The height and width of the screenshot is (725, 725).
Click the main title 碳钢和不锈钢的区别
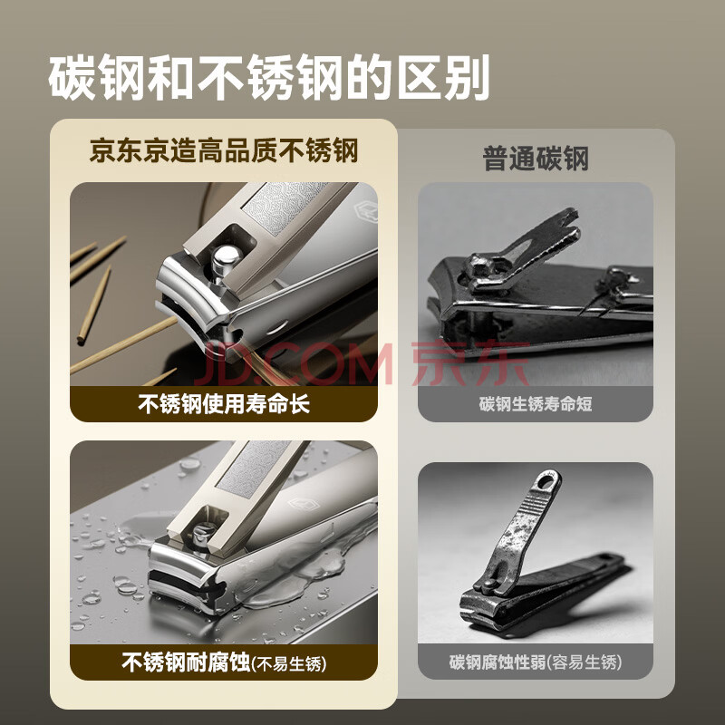point(268,77)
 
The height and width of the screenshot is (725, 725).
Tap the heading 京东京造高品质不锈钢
point(224,151)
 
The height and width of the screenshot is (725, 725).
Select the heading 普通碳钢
point(536,159)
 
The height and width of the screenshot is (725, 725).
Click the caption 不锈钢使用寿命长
point(224,403)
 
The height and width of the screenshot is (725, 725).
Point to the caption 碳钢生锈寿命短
point(536,403)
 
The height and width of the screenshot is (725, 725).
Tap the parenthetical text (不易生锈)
point(289,664)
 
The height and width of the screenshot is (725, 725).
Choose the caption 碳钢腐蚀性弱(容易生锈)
point(536,662)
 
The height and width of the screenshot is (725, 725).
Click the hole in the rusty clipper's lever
point(547,482)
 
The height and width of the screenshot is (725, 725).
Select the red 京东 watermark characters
point(470,363)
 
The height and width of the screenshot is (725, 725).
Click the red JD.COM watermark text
point(295,363)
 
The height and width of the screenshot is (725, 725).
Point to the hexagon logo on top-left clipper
point(365,210)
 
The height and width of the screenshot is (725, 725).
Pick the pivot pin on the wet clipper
point(202,534)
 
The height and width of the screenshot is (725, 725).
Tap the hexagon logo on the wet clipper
point(304,504)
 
